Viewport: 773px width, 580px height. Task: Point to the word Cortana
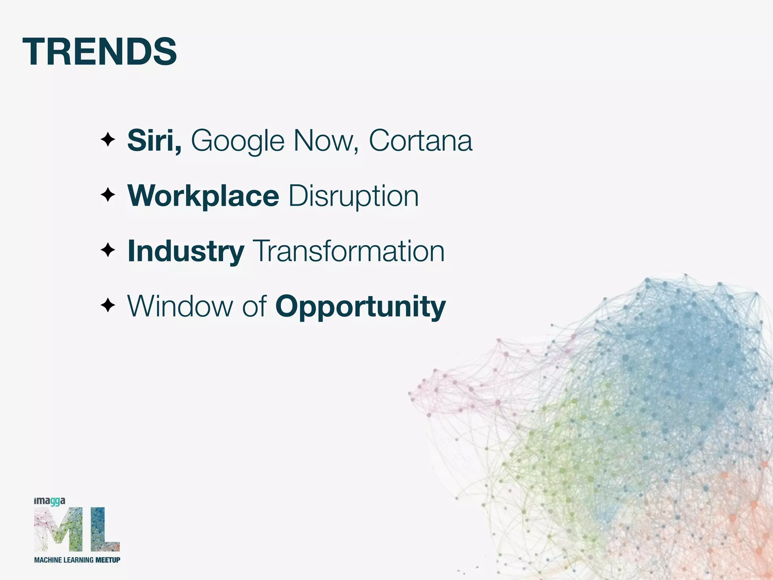pyautogui.click(x=420, y=140)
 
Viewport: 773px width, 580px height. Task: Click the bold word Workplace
pyautogui.click(x=203, y=196)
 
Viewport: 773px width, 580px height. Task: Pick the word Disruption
pyautogui.click(x=354, y=196)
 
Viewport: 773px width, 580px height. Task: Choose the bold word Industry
pyautogui.click(x=186, y=251)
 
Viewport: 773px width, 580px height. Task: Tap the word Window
pyautogui.click(x=180, y=306)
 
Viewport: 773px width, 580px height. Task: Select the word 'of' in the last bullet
pyautogui.click(x=254, y=306)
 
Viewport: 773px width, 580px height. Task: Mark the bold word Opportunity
pyautogui.click(x=360, y=307)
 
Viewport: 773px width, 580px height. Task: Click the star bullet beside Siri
pyautogui.click(x=108, y=140)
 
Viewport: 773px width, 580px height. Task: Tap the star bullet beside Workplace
pyautogui.click(x=108, y=195)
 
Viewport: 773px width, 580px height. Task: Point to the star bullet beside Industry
pyautogui.click(x=108, y=250)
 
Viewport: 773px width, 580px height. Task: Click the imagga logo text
pyautogui.click(x=49, y=501)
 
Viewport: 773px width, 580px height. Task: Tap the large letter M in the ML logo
pyautogui.click(x=59, y=529)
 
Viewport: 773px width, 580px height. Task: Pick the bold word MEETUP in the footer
pyautogui.click(x=108, y=560)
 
